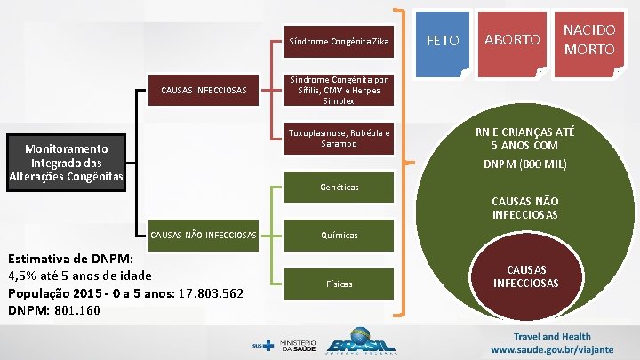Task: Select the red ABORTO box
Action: pyautogui.click(x=511, y=41)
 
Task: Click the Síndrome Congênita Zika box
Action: pyautogui.click(x=337, y=41)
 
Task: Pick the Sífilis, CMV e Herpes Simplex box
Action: pyautogui.click(x=337, y=90)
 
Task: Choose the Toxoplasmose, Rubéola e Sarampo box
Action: pyautogui.click(x=337, y=138)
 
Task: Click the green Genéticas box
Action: pyautogui.click(x=337, y=188)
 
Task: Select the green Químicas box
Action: pyautogui.click(x=337, y=236)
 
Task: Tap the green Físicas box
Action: pyautogui.click(x=337, y=284)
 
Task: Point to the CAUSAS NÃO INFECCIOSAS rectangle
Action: pyautogui.click(x=204, y=235)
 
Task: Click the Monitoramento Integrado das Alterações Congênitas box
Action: pyautogui.click(x=66, y=164)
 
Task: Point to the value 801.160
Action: pyautogui.click(x=76, y=311)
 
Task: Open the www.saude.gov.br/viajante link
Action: pyautogui.click(x=558, y=349)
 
